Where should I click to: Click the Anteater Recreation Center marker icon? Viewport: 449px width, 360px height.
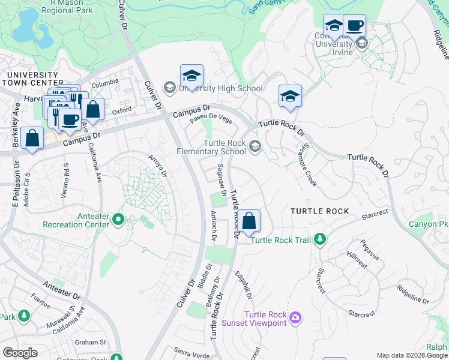pos(118,220)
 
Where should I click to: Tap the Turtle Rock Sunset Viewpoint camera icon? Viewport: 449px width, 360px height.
pos(295,317)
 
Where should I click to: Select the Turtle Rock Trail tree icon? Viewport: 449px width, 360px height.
pos(320,239)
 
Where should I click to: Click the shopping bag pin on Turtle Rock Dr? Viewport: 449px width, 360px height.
pos(249,221)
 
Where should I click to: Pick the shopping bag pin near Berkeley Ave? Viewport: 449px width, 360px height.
pos(32,138)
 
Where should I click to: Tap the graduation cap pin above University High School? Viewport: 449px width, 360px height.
pos(191,76)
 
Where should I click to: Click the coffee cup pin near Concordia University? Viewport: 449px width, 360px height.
pos(355,26)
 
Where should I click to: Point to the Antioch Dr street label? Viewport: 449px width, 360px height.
pos(213,226)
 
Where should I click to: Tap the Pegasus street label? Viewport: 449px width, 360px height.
pos(370,249)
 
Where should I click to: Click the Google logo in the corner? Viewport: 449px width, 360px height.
pos(20,353)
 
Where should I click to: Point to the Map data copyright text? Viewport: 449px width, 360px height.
pos(411,355)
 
